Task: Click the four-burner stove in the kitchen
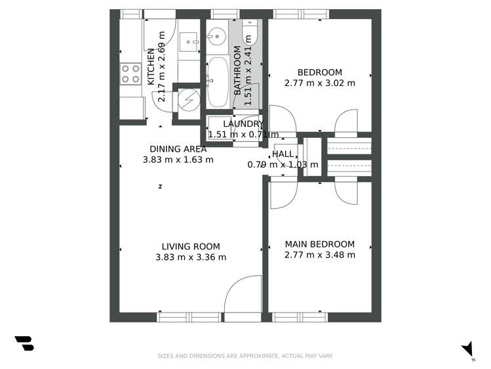point(131,73)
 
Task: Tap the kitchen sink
point(189,41)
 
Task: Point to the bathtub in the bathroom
point(216,82)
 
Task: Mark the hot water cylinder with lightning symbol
point(189,99)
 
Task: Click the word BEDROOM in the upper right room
point(319,72)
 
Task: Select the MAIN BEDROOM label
point(319,244)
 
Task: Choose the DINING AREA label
point(178,149)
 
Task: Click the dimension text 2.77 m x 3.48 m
point(319,255)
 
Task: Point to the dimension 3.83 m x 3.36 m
point(190,257)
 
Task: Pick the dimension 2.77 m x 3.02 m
point(319,83)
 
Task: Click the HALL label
point(283,154)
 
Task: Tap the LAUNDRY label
point(243,124)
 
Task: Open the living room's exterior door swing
point(237,295)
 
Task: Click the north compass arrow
point(467,349)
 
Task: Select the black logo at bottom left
point(24,343)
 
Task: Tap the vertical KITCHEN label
point(151,67)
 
